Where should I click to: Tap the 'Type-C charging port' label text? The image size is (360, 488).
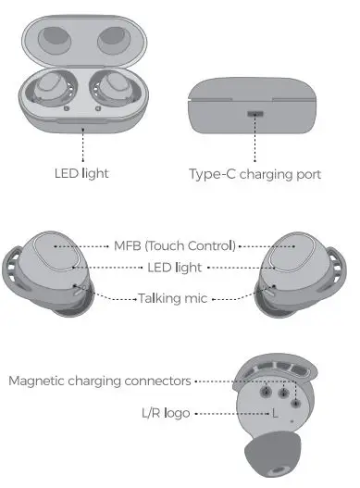(x=254, y=173)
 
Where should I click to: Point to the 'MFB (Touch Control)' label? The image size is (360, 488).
(x=175, y=245)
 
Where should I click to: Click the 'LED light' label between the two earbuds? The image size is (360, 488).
(x=175, y=267)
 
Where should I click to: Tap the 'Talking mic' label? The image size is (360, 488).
(x=175, y=297)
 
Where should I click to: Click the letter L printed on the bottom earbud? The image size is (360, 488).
(x=275, y=414)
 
